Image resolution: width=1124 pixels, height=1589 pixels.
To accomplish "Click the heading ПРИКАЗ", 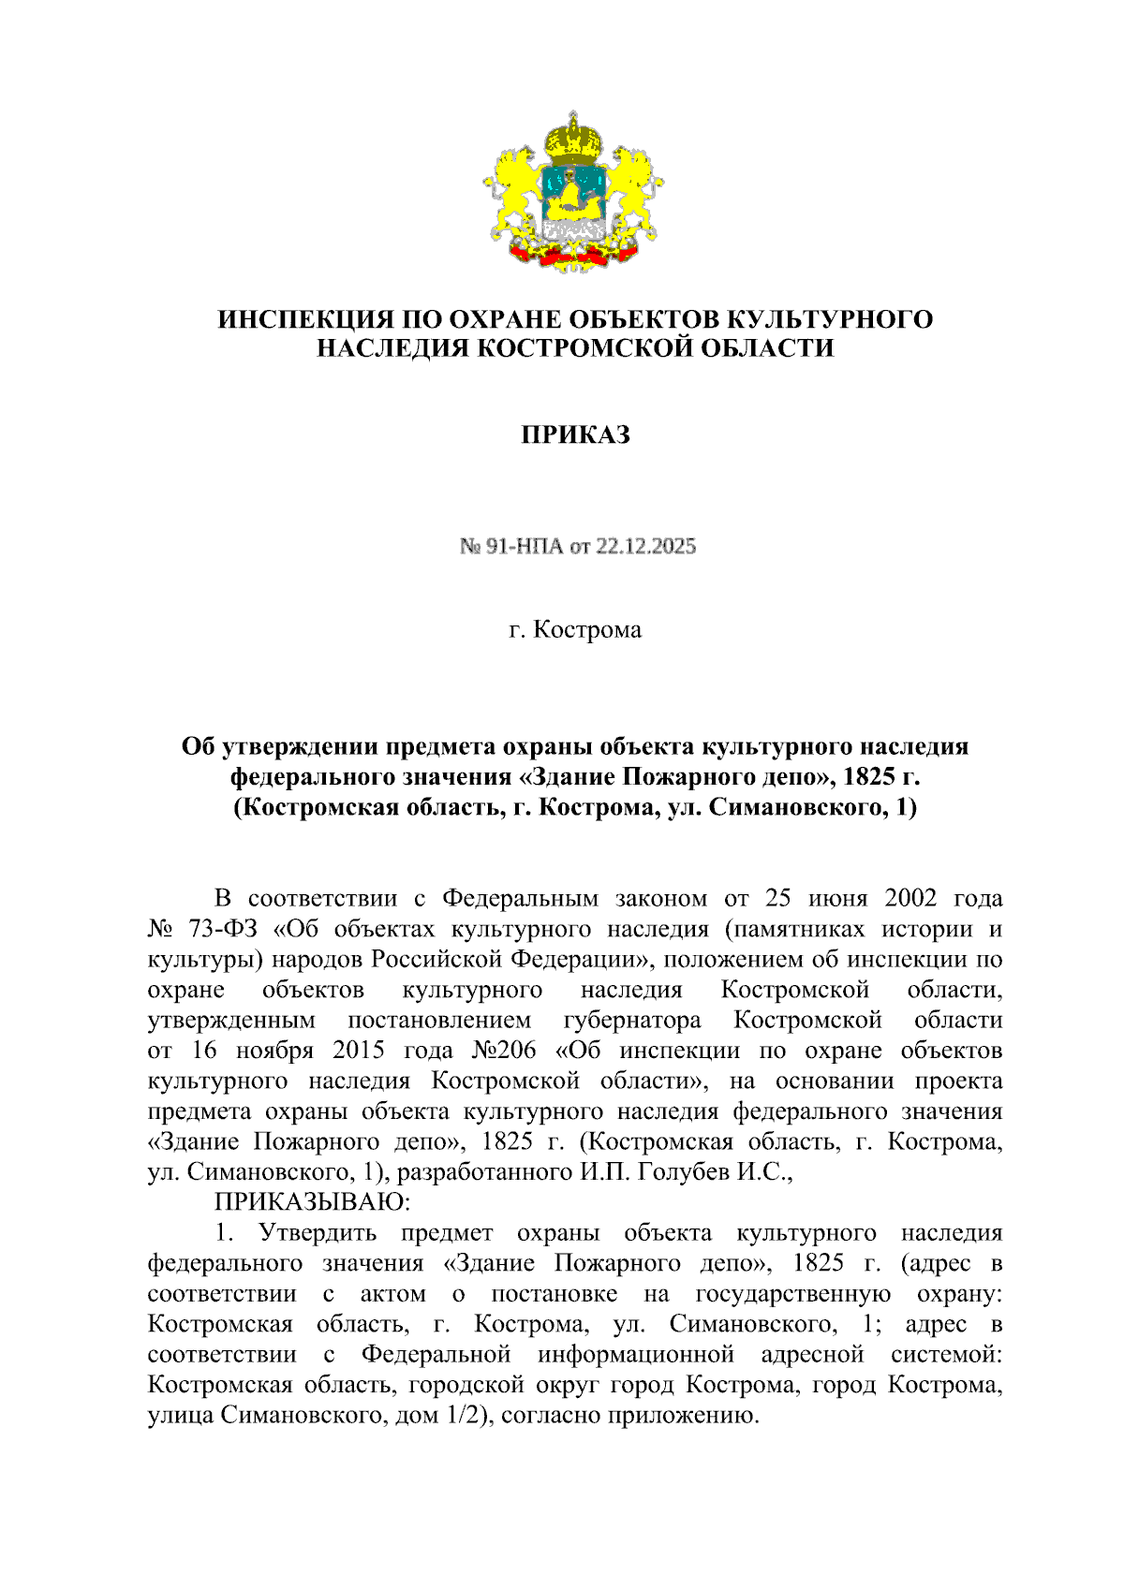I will [x=575, y=435].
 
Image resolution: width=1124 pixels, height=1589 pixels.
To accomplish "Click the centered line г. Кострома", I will [x=575, y=629].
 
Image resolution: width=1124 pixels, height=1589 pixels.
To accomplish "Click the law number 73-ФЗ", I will [x=219, y=929].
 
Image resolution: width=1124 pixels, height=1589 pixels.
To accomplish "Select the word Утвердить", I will [x=318, y=1232].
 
